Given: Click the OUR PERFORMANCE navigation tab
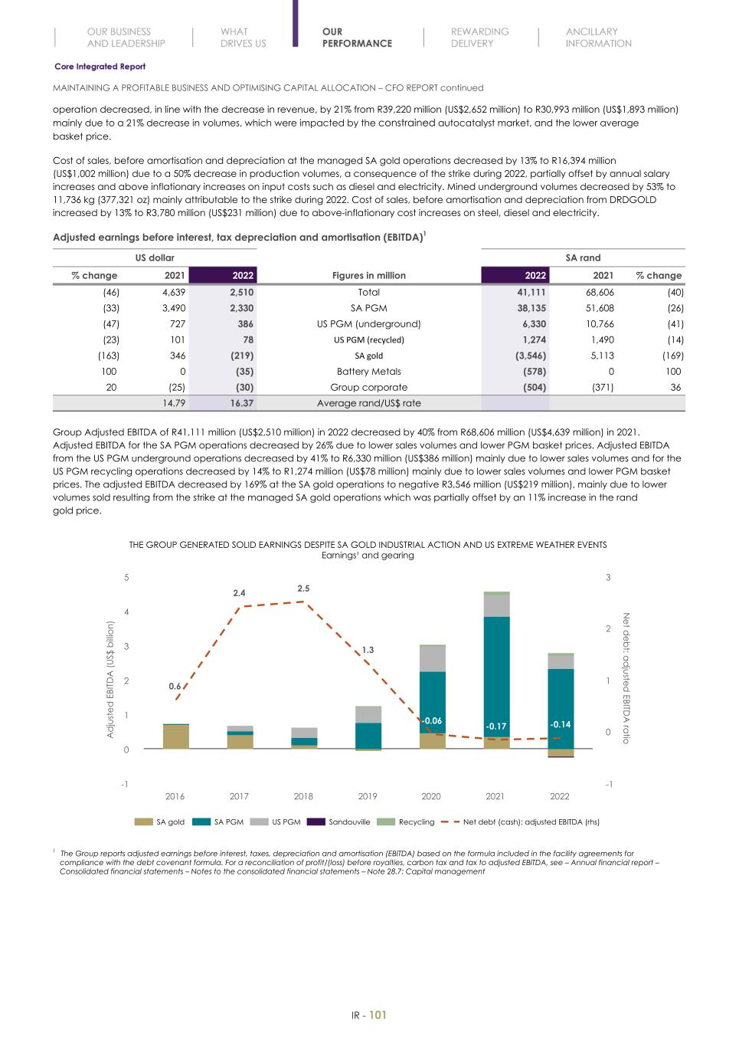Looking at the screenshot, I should pos(356,38).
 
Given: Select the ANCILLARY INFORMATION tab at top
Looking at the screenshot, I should pos(598,38).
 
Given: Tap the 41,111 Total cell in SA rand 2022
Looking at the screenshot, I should pos(531,292).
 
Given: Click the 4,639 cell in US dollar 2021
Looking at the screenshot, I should pos(174,292).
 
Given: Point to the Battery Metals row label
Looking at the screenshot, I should pos(368,372).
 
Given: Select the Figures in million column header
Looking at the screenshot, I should pos(368,275).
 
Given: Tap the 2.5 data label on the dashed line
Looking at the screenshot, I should pos(303,589).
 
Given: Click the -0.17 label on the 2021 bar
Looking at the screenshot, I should pos(496,726).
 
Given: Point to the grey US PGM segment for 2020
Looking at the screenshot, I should pos(433,659).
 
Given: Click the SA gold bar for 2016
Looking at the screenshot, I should pos(175,736).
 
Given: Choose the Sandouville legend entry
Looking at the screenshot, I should pos(348,821).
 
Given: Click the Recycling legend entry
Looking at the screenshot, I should pos(416,821).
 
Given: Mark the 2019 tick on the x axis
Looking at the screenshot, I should pos(368,796).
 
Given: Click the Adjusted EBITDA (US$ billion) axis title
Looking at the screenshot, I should pos(110,680).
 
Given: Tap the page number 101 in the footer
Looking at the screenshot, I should pos(378,1015).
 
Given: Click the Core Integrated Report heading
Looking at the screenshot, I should pos(100,67).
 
